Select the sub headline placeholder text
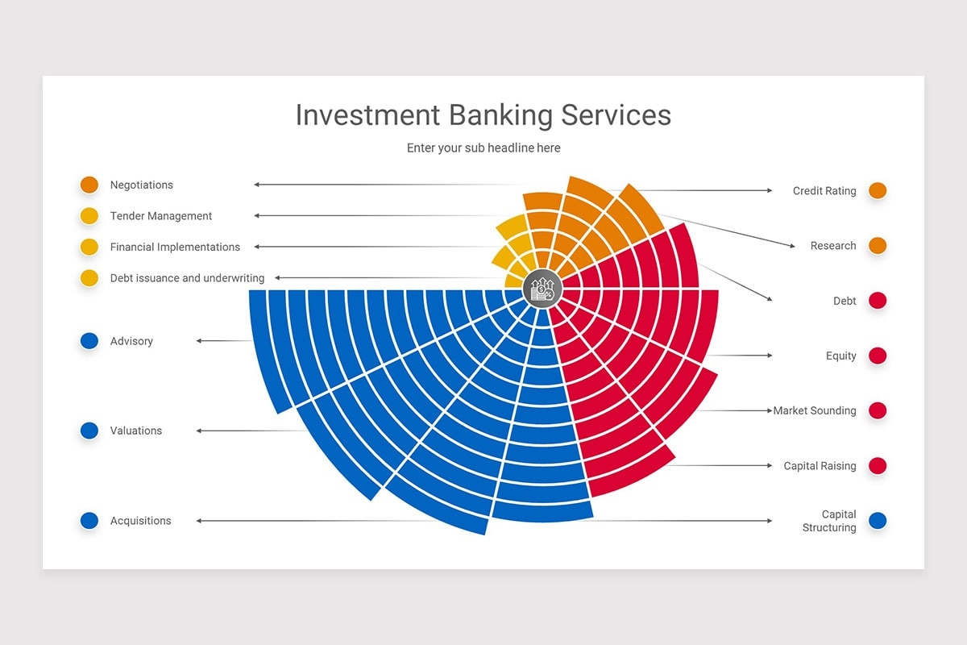tap(483, 148)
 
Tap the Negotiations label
tap(142, 185)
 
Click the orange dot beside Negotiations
tap(89, 185)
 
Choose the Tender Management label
tap(161, 216)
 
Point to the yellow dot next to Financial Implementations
tap(89, 247)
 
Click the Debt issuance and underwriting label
tap(187, 278)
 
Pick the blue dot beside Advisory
tap(89, 341)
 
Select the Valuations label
tap(136, 431)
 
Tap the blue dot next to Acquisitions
tap(89, 521)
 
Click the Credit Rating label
tap(824, 191)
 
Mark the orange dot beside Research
tap(878, 246)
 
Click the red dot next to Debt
tap(878, 301)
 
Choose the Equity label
tap(841, 356)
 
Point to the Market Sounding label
tap(815, 411)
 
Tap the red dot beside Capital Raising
tap(878, 466)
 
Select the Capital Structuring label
tap(829, 521)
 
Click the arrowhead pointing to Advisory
tap(199, 341)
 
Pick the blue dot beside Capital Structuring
tap(878, 521)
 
